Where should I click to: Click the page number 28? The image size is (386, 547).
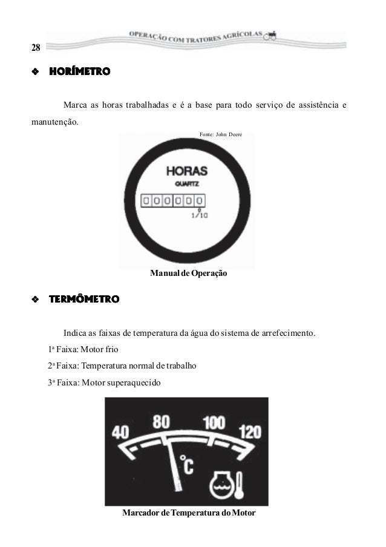point(36,48)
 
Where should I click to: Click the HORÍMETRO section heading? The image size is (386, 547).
point(79,72)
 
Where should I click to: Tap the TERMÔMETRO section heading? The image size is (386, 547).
point(84,299)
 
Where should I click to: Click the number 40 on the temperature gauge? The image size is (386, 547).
point(121,433)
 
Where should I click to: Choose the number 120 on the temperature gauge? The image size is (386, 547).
point(250,433)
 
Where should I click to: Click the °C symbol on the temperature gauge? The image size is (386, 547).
point(187,467)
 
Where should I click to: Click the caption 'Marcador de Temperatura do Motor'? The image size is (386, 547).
point(189,513)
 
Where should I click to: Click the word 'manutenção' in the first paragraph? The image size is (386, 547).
point(54,121)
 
